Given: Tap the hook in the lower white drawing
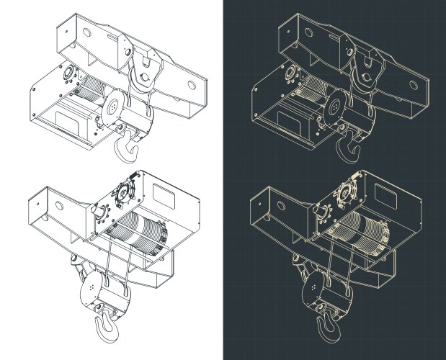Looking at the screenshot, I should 109,323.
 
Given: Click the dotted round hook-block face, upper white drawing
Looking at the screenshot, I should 116,107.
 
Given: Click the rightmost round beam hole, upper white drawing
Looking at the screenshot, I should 193,84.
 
